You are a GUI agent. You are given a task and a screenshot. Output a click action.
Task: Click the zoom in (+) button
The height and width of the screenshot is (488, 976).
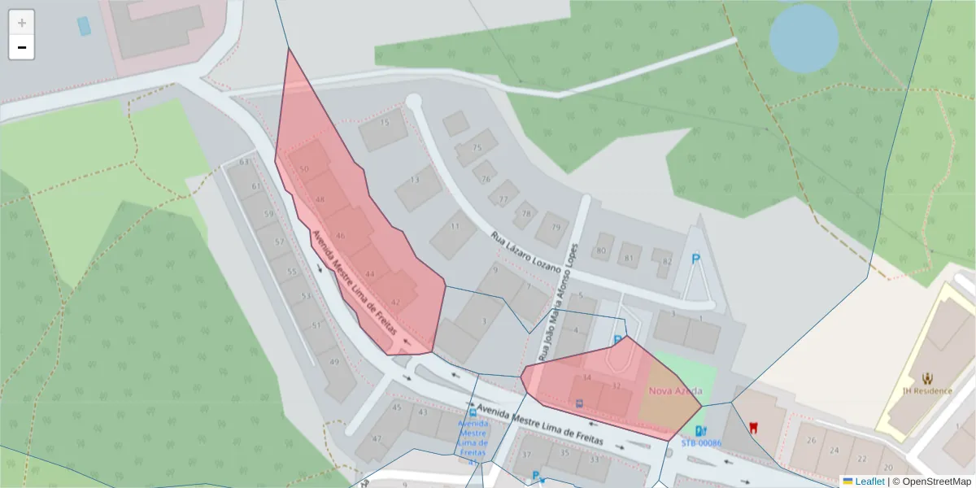[x=22, y=23]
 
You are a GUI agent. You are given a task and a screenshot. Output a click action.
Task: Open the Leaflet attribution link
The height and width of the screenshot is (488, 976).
[x=869, y=481]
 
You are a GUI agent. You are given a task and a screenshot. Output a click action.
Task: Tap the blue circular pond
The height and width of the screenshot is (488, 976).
[x=804, y=38]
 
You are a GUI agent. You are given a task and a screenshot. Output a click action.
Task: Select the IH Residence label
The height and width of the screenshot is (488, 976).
[x=927, y=390]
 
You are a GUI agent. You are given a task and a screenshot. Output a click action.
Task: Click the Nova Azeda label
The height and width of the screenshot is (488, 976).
[x=675, y=390]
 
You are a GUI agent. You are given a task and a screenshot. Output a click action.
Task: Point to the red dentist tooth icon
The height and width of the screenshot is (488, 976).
[x=753, y=427]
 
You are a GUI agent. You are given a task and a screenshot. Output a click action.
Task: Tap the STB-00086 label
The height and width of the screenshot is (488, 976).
[x=701, y=443]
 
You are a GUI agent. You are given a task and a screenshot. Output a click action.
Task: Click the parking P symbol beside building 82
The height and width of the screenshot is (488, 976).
[x=695, y=259]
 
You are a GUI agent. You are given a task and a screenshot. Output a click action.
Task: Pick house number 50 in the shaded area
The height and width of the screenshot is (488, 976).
[x=304, y=169]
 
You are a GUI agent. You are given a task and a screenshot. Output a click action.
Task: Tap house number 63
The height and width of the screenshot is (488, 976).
[x=244, y=162]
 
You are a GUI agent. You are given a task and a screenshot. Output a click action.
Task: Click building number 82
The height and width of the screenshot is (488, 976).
[x=667, y=261]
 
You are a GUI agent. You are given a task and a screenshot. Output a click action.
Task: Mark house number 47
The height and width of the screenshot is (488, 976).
[x=377, y=438]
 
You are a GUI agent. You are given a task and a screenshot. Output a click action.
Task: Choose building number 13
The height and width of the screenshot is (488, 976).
[x=415, y=180]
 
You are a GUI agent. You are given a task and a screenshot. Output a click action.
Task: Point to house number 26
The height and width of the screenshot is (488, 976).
[x=811, y=440]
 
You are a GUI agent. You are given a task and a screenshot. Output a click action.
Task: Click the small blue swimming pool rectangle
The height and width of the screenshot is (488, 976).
[x=84, y=25]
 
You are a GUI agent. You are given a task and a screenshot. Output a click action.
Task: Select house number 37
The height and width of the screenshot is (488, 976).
[x=527, y=455]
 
